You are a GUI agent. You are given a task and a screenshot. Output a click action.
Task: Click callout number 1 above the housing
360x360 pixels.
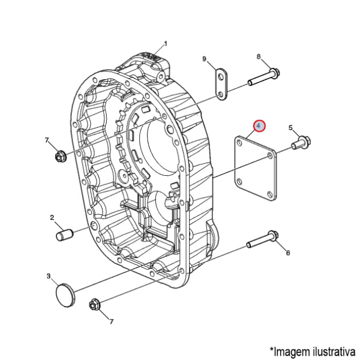[x=166, y=43]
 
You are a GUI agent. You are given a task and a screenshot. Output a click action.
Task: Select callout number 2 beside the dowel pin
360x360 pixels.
[x=52, y=217]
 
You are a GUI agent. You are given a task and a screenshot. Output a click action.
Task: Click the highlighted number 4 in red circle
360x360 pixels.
[x=259, y=126]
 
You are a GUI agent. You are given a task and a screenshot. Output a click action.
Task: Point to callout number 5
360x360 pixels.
[x=291, y=128]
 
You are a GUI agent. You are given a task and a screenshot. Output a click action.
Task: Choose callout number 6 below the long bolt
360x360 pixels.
[x=288, y=253]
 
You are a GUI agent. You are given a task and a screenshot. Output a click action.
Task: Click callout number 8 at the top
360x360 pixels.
[x=259, y=57]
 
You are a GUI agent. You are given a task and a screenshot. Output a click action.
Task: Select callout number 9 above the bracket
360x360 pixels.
[x=204, y=59]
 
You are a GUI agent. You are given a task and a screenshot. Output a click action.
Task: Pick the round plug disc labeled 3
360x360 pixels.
[x=64, y=296]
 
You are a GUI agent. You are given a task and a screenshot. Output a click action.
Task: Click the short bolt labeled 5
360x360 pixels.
[x=301, y=143]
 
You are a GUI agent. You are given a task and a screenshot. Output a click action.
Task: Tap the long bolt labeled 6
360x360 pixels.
[x=262, y=241]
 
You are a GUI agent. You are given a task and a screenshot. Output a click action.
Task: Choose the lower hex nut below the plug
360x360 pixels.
[x=95, y=305]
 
